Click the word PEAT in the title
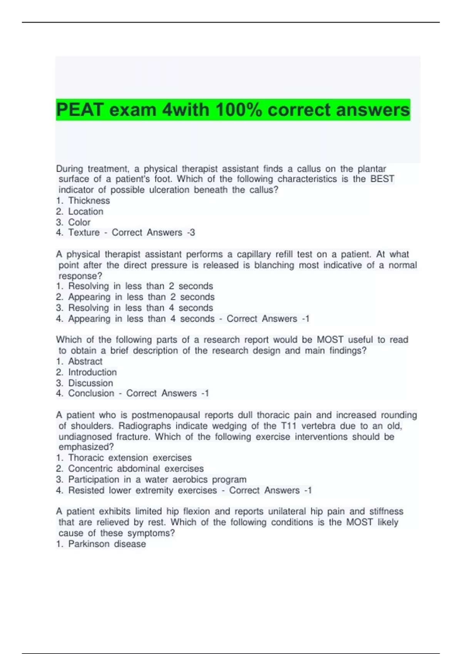tap(80, 110)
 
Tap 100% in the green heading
tap(239, 110)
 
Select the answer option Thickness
tap(89, 201)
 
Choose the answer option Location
tap(85, 212)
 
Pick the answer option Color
tap(79, 222)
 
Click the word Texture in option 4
tap(84, 233)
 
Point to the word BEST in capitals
tap(382, 179)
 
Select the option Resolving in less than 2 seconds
tap(140, 286)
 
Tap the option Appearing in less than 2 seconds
tap(141, 297)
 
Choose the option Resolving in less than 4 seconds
tap(140, 308)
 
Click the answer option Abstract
tap(85, 362)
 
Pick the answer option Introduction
tap(92, 372)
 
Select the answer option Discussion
tap(90, 383)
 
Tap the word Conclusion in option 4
tap(91, 394)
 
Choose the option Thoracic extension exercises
tap(130, 458)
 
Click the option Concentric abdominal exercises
tap(136, 469)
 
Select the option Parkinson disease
tap(107, 544)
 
